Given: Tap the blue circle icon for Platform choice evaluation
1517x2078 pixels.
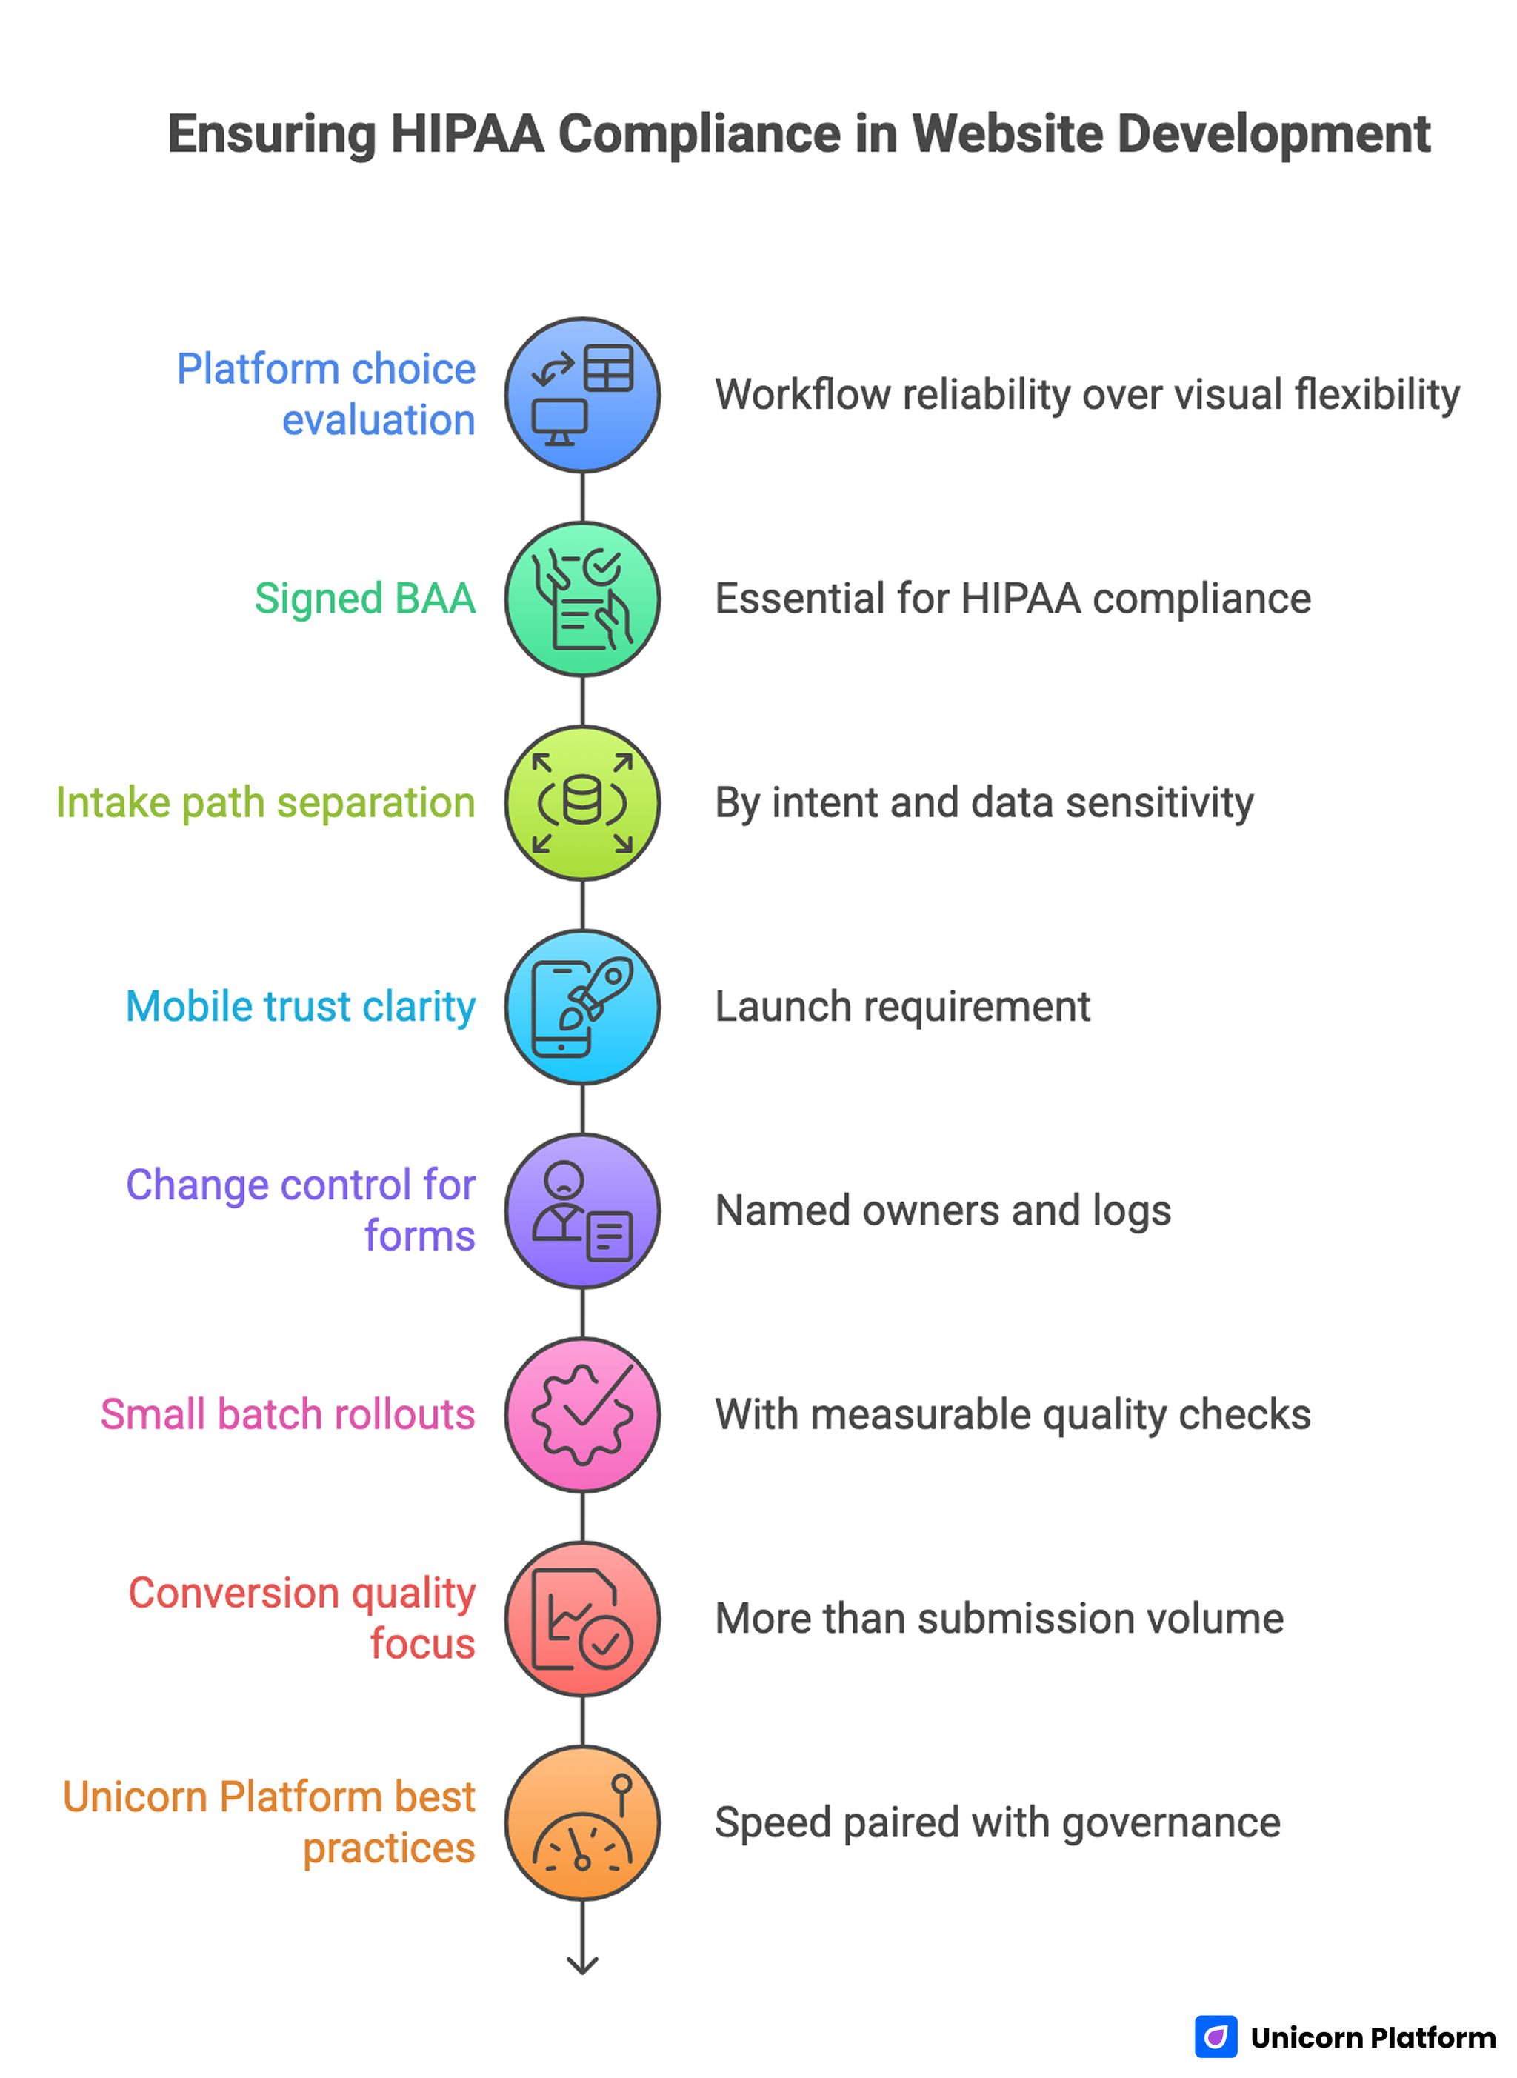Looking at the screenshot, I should pyautogui.click(x=582, y=395).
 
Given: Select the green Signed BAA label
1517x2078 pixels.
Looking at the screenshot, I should pyautogui.click(x=364, y=599).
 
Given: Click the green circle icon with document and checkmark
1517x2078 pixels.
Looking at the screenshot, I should pyautogui.click(x=582, y=599).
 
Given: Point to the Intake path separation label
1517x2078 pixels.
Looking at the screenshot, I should pyautogui.click(x=265, y=802).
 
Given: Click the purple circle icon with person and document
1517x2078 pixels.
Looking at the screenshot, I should pyautogui.click(x=582, y=1210).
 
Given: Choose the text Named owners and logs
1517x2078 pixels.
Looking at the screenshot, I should pyautogui.click(x=942, y=1210).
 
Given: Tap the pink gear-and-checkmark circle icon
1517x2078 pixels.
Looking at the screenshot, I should pyautogui.click(x=582, y=1414).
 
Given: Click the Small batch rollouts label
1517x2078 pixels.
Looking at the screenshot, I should pyautogui.click(x=287, y=1414).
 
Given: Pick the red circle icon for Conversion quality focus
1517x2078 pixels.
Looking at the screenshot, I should pyautogui.click(x=582, y=1618).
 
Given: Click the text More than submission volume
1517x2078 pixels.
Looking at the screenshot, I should pyautogui.click(x=999, y=1618).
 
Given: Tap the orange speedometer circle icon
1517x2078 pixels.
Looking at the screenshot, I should pyautogui.click(x=582, y=1822).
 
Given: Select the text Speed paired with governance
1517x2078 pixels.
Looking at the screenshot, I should pyautogui.click(x=997, y=1822).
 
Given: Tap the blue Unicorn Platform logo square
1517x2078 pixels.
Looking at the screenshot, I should pyautogui.click(x=1216, y=2037).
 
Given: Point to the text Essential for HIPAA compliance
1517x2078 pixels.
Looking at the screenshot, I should pyautogui.click(x=1012, y=599).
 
